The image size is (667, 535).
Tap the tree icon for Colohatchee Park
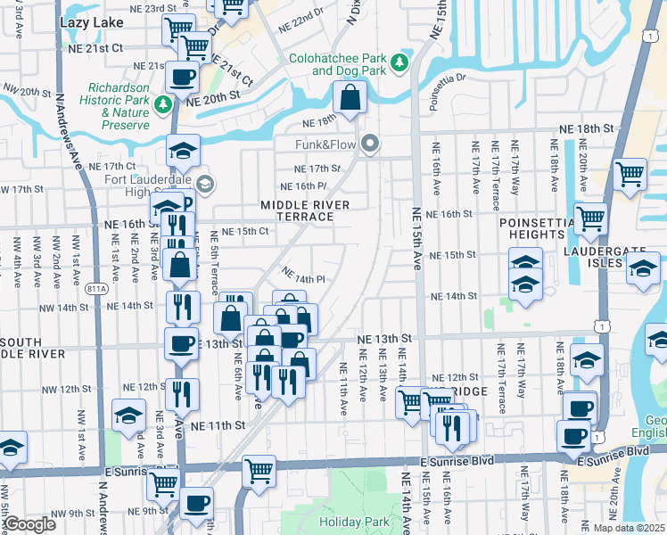coord(400,62)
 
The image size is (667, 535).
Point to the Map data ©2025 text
coord(629,528)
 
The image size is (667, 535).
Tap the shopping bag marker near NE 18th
coord(350,98)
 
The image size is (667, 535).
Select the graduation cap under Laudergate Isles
coord(642,267)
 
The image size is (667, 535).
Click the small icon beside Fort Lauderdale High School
coord(205,185)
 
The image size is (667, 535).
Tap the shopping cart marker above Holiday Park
coord(259,469)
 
